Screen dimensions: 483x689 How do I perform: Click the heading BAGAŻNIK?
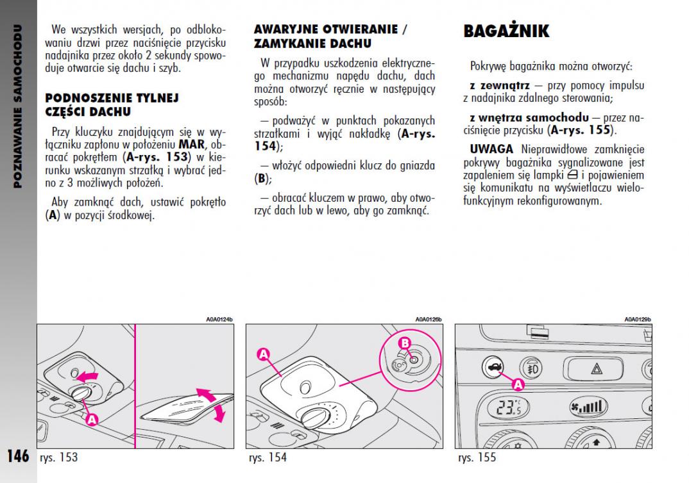click(x=506, y=31)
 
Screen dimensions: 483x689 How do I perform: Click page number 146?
click(x=18, y=456)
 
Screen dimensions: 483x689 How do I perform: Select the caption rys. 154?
click(x=268, y=457)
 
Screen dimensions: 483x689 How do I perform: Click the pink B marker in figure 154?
click(x=405, y=343)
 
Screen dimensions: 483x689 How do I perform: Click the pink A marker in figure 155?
click(x=518, y=384)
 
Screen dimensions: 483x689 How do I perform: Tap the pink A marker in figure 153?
click(x=92, y=420)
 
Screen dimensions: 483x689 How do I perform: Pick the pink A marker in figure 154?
click(x=264, y=354)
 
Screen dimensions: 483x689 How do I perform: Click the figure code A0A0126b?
click(x=428, y=319)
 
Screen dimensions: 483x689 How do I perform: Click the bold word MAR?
click(x=191, y=143)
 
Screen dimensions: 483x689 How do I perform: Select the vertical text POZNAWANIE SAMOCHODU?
click(x=18, y=106)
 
